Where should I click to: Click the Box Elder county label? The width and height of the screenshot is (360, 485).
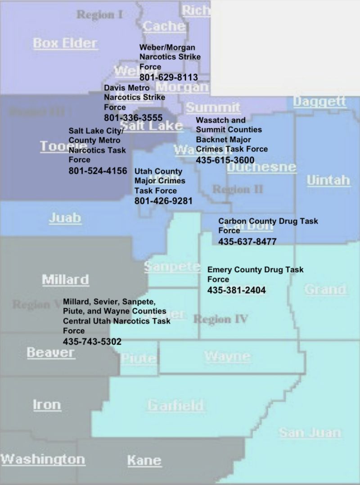[x=65, y=43]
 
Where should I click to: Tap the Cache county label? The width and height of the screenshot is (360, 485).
[x=164, y=26]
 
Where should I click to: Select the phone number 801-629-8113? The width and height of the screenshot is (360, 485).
[x=168, y=77]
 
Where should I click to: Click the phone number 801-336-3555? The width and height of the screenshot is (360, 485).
[x=133, y=118]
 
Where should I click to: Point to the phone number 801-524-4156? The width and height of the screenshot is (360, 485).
[x=98, y=171]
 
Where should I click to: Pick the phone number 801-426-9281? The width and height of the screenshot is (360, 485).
[x=163, y=201]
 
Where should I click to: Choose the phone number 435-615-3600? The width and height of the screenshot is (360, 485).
[x=225, y=160]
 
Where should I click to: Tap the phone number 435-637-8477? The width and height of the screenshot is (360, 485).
[x=247, y=241]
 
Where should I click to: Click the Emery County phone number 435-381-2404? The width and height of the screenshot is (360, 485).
[x=236, y=290]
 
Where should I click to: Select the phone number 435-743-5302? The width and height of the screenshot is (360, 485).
[x=92, y=341]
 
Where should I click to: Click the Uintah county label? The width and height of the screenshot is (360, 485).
[x=328, y=181]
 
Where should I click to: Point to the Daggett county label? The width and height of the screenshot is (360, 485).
[x=319, y=101]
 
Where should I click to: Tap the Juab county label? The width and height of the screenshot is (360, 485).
[x=65, y=218]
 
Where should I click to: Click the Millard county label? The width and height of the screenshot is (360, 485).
[x=65, y=279]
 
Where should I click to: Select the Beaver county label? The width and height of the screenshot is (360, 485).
[x=50, y=352]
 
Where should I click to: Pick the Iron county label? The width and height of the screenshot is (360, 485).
[x=47, y=404]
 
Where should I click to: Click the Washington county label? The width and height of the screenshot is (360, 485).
[x=43, y=459]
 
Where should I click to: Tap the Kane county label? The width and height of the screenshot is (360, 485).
[x=144, y=460]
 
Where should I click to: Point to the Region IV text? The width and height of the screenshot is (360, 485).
[x=220, y=319]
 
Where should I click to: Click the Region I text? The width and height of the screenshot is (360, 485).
[x=99, y=15]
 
